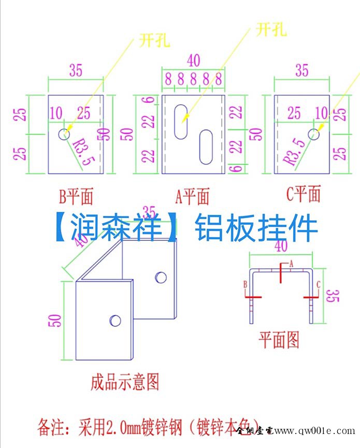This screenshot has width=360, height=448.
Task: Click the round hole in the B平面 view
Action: click(63, 134)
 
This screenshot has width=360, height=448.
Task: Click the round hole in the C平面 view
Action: click(313, 134)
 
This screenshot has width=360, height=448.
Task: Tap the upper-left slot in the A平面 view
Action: click(181, 121)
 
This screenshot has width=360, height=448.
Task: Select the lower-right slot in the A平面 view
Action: click(206, 147)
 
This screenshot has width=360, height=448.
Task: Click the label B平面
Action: click(76, 197)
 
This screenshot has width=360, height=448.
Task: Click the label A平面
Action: click(193, 197)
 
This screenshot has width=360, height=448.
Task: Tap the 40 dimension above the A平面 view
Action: click(193, 61)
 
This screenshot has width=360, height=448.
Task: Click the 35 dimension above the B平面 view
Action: click(76, 70)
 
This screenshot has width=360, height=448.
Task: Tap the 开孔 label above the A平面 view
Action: click(271, 30)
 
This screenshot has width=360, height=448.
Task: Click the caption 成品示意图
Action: click(124, 382)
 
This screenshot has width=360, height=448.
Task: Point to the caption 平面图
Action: click(279, 340)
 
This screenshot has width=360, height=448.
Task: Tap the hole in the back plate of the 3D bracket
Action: click(161, 278)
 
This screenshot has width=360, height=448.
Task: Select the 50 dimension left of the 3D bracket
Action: click(56, 320)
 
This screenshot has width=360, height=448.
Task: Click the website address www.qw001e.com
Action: click(315, 431)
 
